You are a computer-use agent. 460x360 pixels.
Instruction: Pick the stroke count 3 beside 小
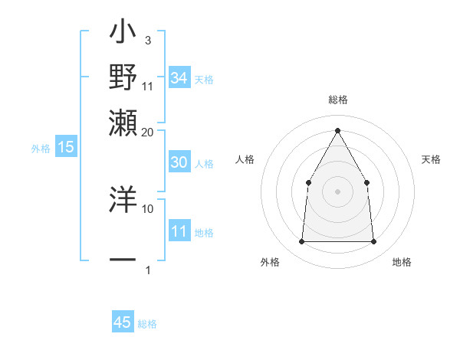147,40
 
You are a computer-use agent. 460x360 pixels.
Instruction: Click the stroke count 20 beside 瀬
148,132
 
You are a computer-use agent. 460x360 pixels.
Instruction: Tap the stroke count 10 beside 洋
148,208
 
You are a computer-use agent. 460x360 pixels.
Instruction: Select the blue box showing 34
179,78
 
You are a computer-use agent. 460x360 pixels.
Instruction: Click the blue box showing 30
179,162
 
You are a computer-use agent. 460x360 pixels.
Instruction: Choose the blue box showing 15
65,148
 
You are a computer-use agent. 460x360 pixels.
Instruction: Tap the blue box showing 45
123,322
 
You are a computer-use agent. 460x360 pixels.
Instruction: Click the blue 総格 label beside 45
147,324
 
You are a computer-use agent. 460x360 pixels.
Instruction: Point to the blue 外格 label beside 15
41,149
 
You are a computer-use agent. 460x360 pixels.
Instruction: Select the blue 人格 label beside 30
204,164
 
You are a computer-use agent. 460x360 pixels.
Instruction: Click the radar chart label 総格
337,100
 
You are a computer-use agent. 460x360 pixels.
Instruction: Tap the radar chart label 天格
432,159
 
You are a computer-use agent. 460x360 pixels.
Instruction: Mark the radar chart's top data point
337,130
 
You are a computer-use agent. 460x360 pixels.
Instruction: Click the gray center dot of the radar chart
337,191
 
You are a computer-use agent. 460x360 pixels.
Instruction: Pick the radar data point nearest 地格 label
373,242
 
